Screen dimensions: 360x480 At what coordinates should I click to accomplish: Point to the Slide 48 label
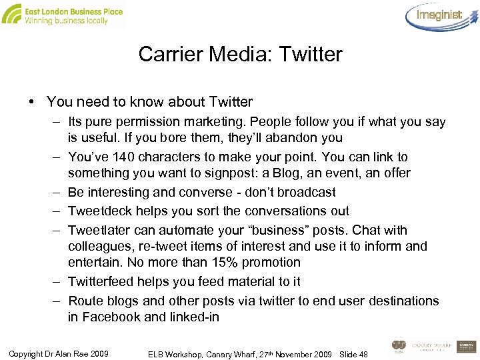point(353,354)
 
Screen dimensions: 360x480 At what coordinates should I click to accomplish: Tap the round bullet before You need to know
point(31,102)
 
